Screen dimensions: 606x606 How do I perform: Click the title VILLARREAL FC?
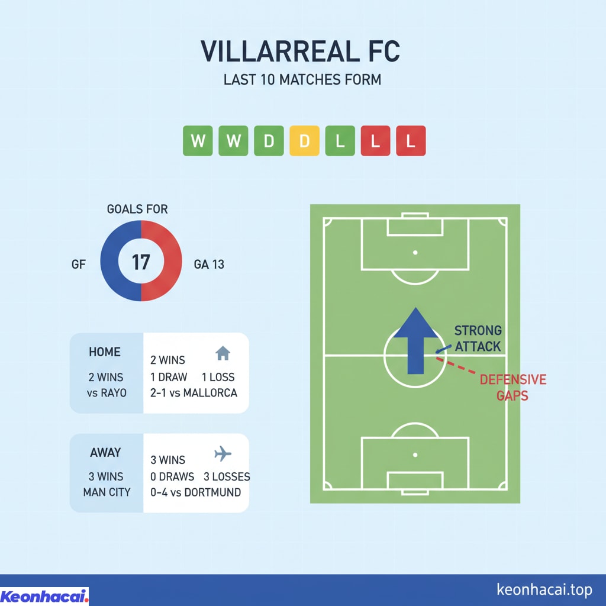[x=301, y=51]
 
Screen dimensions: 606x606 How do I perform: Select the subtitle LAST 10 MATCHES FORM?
[x=302, y=80]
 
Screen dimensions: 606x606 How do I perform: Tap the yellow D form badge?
[x=304, y=141]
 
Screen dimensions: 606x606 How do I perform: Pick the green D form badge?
[x=269, y=141]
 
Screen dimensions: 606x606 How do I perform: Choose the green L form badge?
[x=340, y=141]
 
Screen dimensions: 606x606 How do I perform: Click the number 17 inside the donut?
[x=141, y=261]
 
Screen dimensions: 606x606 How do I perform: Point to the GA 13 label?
[x=209, y=265]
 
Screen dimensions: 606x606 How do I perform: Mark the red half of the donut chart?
[x=171, y=261]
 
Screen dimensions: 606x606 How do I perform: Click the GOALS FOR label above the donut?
[x=137, y=209]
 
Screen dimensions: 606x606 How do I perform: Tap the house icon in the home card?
[x=222, y=354]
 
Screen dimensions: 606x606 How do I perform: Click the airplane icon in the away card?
[x=222, y=454]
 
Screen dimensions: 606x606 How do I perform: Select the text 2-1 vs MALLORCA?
[x=194, y=392]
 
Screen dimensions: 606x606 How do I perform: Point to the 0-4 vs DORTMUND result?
[x=196, y=492]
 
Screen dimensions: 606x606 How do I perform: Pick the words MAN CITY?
[x=107, y=492]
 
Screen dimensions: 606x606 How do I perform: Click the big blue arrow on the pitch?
[x=417, y=340]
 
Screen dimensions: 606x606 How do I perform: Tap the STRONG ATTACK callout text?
[x=478, y=338]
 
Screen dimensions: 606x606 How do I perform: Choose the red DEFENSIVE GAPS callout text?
[x=512, y=387]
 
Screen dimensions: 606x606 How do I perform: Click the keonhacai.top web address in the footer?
[x=544, y=589]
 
